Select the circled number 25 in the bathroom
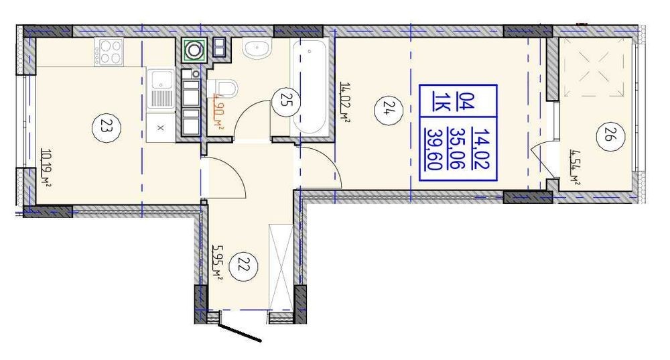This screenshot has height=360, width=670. [285, 101]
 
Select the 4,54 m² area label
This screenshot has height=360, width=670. [575, 167]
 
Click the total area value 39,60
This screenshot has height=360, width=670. [435, 149]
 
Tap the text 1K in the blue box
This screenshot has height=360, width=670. [438, 103]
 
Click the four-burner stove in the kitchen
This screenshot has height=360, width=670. [109, 52]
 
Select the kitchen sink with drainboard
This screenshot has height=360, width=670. [161, 89]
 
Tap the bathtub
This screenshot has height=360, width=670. [310, 87]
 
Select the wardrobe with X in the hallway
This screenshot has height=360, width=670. [281, 265]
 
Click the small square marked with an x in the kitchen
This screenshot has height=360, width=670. [161, 128]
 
